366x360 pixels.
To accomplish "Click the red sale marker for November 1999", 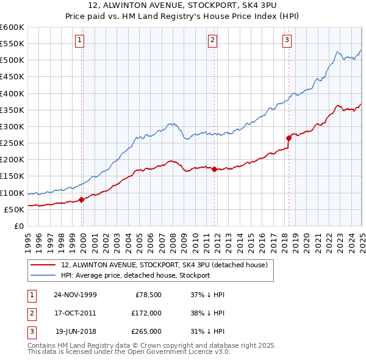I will point(82,200).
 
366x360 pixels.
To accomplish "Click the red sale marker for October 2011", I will point(215,169).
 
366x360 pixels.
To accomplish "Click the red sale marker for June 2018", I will point(289,138).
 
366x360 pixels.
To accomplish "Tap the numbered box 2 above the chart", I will point(212,40).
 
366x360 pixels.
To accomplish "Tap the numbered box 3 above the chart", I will point(287,40).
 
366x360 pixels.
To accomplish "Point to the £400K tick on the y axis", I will point(12,93).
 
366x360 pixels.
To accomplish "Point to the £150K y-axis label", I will point(12,176).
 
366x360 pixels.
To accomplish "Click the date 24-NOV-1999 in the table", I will point(75,294).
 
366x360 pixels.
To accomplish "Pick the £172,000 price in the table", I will point(146,313).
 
